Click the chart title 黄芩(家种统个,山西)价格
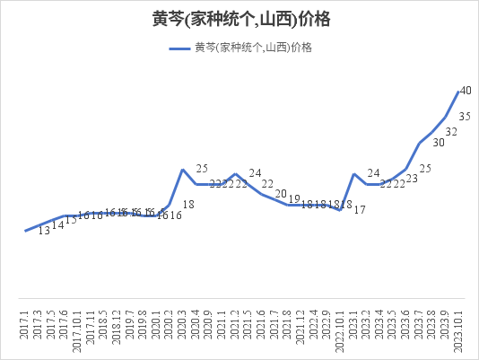pos(239,18)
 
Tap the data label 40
pos(466,91)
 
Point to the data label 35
pos(466,117)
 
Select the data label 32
pos(452,132)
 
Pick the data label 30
pos(439,142)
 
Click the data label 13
pos(44,232)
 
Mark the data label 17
pos(360,210)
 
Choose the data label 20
pos(281,194)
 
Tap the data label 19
pos(294,199)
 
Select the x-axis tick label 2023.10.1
pos(457,329)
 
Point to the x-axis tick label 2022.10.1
pos(340,329)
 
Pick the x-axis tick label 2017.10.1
pos(77,329)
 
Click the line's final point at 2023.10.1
pos(457,92)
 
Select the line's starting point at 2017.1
pos(24,232)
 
